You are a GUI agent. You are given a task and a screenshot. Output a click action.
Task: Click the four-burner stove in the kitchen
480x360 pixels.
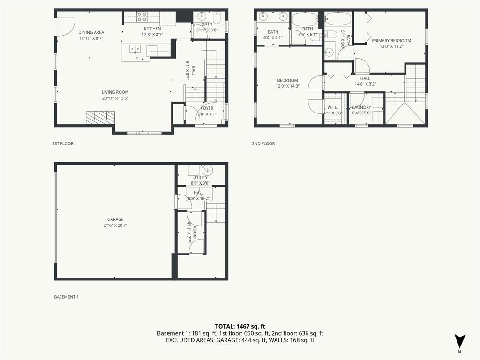click(x=142, y=17)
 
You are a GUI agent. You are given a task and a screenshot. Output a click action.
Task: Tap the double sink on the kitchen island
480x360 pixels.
click(x=135, y=48)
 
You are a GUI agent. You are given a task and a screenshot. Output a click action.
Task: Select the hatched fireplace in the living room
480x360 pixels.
click(x=100, y=117)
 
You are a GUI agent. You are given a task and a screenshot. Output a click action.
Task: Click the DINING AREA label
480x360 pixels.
click(x=91, y=32)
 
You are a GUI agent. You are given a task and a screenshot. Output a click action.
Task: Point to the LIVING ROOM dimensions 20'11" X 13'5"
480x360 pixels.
click(x=115, y=98)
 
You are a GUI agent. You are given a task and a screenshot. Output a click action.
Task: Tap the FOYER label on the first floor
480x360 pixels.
click(x=207, y=108)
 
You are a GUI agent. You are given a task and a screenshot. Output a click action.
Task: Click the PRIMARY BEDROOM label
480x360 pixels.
click(x=391, y=41)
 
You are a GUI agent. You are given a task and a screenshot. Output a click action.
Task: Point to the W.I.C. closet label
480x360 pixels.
click(x=333, y=107)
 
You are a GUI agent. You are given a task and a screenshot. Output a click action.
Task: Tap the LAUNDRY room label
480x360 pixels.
click(x=361, y=107)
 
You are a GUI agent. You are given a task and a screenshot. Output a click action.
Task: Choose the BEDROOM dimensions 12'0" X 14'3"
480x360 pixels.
click(x=287, y=86)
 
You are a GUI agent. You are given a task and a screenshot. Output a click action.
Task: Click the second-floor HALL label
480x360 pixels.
click(x=365, y=78)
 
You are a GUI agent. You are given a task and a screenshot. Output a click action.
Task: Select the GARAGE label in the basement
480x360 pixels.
click(x=115, y=219)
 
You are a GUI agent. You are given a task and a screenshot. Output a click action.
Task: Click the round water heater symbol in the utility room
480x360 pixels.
click(x=207, y=169)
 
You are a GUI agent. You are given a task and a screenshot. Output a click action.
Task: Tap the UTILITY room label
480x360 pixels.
click(x=200, y=178)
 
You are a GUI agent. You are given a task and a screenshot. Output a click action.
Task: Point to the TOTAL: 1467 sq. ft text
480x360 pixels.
click(x=240, y=326)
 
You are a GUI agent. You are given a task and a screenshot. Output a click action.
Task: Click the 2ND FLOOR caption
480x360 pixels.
click(x=263, y=143)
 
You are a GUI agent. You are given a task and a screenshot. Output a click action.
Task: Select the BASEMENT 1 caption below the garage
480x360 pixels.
click(x=67, y=297)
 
